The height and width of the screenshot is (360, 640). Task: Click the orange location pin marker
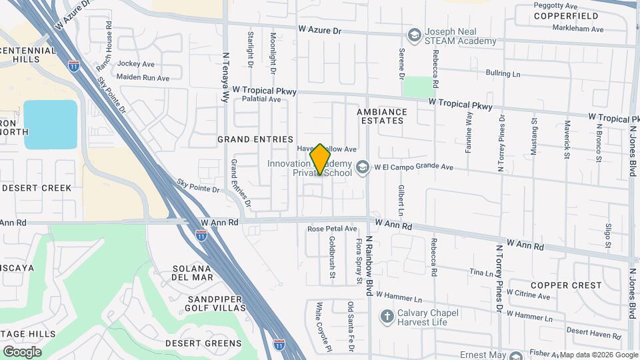tap(321, 159)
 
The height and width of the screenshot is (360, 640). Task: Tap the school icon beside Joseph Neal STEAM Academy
tap(414, 34)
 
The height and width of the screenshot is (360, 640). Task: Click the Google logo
tap(22, 351)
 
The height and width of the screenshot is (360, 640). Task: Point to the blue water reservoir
tap(51, 124)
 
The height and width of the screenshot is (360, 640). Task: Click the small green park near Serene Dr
tap(418, 87)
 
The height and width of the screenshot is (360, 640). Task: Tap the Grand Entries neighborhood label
tap(255, 139)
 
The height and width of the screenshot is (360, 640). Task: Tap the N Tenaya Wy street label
tap(225, 77)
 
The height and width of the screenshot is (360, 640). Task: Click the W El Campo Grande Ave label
tap(413, 167)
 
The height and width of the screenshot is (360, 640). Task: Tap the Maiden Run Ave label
tap(143, 78)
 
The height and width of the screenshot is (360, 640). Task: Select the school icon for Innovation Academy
tap(363, 167)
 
